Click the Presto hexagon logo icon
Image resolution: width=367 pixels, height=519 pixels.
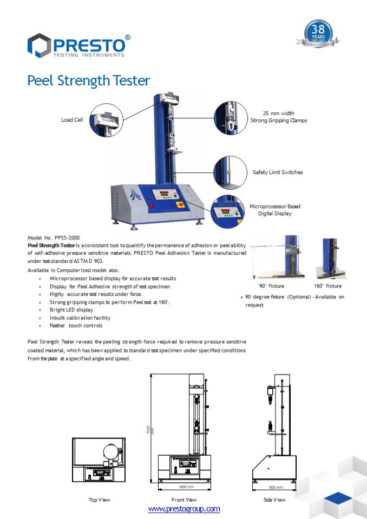coord(39,45)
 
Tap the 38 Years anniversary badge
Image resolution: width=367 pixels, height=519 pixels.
coord(319,34)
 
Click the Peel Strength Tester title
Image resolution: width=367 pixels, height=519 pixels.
coord(88,81)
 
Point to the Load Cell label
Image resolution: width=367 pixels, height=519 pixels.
coord(71,120)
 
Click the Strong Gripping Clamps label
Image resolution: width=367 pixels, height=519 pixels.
coord(278,117)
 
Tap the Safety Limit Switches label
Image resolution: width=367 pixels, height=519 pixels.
coord(277,172)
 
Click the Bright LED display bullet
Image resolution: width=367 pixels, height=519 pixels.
coord(71,310)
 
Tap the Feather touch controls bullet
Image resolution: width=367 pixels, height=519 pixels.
coord(75,325)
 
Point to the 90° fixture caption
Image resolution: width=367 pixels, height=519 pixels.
coord(271,286)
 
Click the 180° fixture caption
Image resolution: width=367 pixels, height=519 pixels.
coord(327,286)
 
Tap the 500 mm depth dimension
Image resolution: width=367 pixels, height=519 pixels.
coord(275,487)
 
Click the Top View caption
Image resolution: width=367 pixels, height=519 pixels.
coord(99,500)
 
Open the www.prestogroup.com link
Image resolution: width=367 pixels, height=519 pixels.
coord(184,509)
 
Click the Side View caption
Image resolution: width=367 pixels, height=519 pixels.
coord(274,500)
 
